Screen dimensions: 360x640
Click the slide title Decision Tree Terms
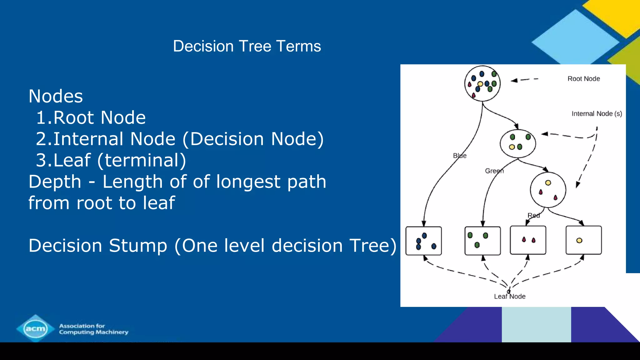coord(247,46)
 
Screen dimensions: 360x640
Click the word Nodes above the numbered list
coord(56,96)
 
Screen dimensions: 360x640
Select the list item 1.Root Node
coord(91,118)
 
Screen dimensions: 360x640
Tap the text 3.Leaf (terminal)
coord(111,160)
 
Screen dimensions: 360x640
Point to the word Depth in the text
coord(55,182)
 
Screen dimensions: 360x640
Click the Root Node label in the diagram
coord(583,79)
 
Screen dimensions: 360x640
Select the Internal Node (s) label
coord(597,114)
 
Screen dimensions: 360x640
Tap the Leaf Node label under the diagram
coord(509,297)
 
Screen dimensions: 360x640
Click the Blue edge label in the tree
coord(459,156)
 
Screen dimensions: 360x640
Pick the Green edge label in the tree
coord(494,171)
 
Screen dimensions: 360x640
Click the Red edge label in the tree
coord(533,215)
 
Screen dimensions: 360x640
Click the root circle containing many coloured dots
coord(482,83)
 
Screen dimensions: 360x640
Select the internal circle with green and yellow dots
coord(518,143)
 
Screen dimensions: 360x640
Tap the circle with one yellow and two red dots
coord(548,190)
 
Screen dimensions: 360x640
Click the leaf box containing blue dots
coord(423,241)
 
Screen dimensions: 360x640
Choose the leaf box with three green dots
coord(482,241)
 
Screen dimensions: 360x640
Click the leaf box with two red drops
coord(528,240)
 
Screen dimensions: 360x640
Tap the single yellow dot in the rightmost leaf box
coord(579,240)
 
